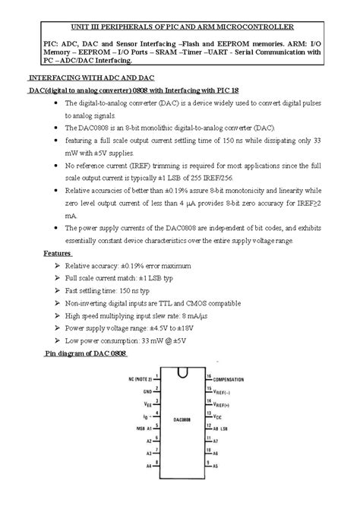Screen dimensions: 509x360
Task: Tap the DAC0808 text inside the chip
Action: (x=181, y=419)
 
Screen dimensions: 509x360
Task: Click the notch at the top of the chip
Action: (x=182, y=371)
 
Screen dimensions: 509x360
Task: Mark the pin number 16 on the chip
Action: (x=209, y=376)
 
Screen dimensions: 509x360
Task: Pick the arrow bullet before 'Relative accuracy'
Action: (x=58, y=267)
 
